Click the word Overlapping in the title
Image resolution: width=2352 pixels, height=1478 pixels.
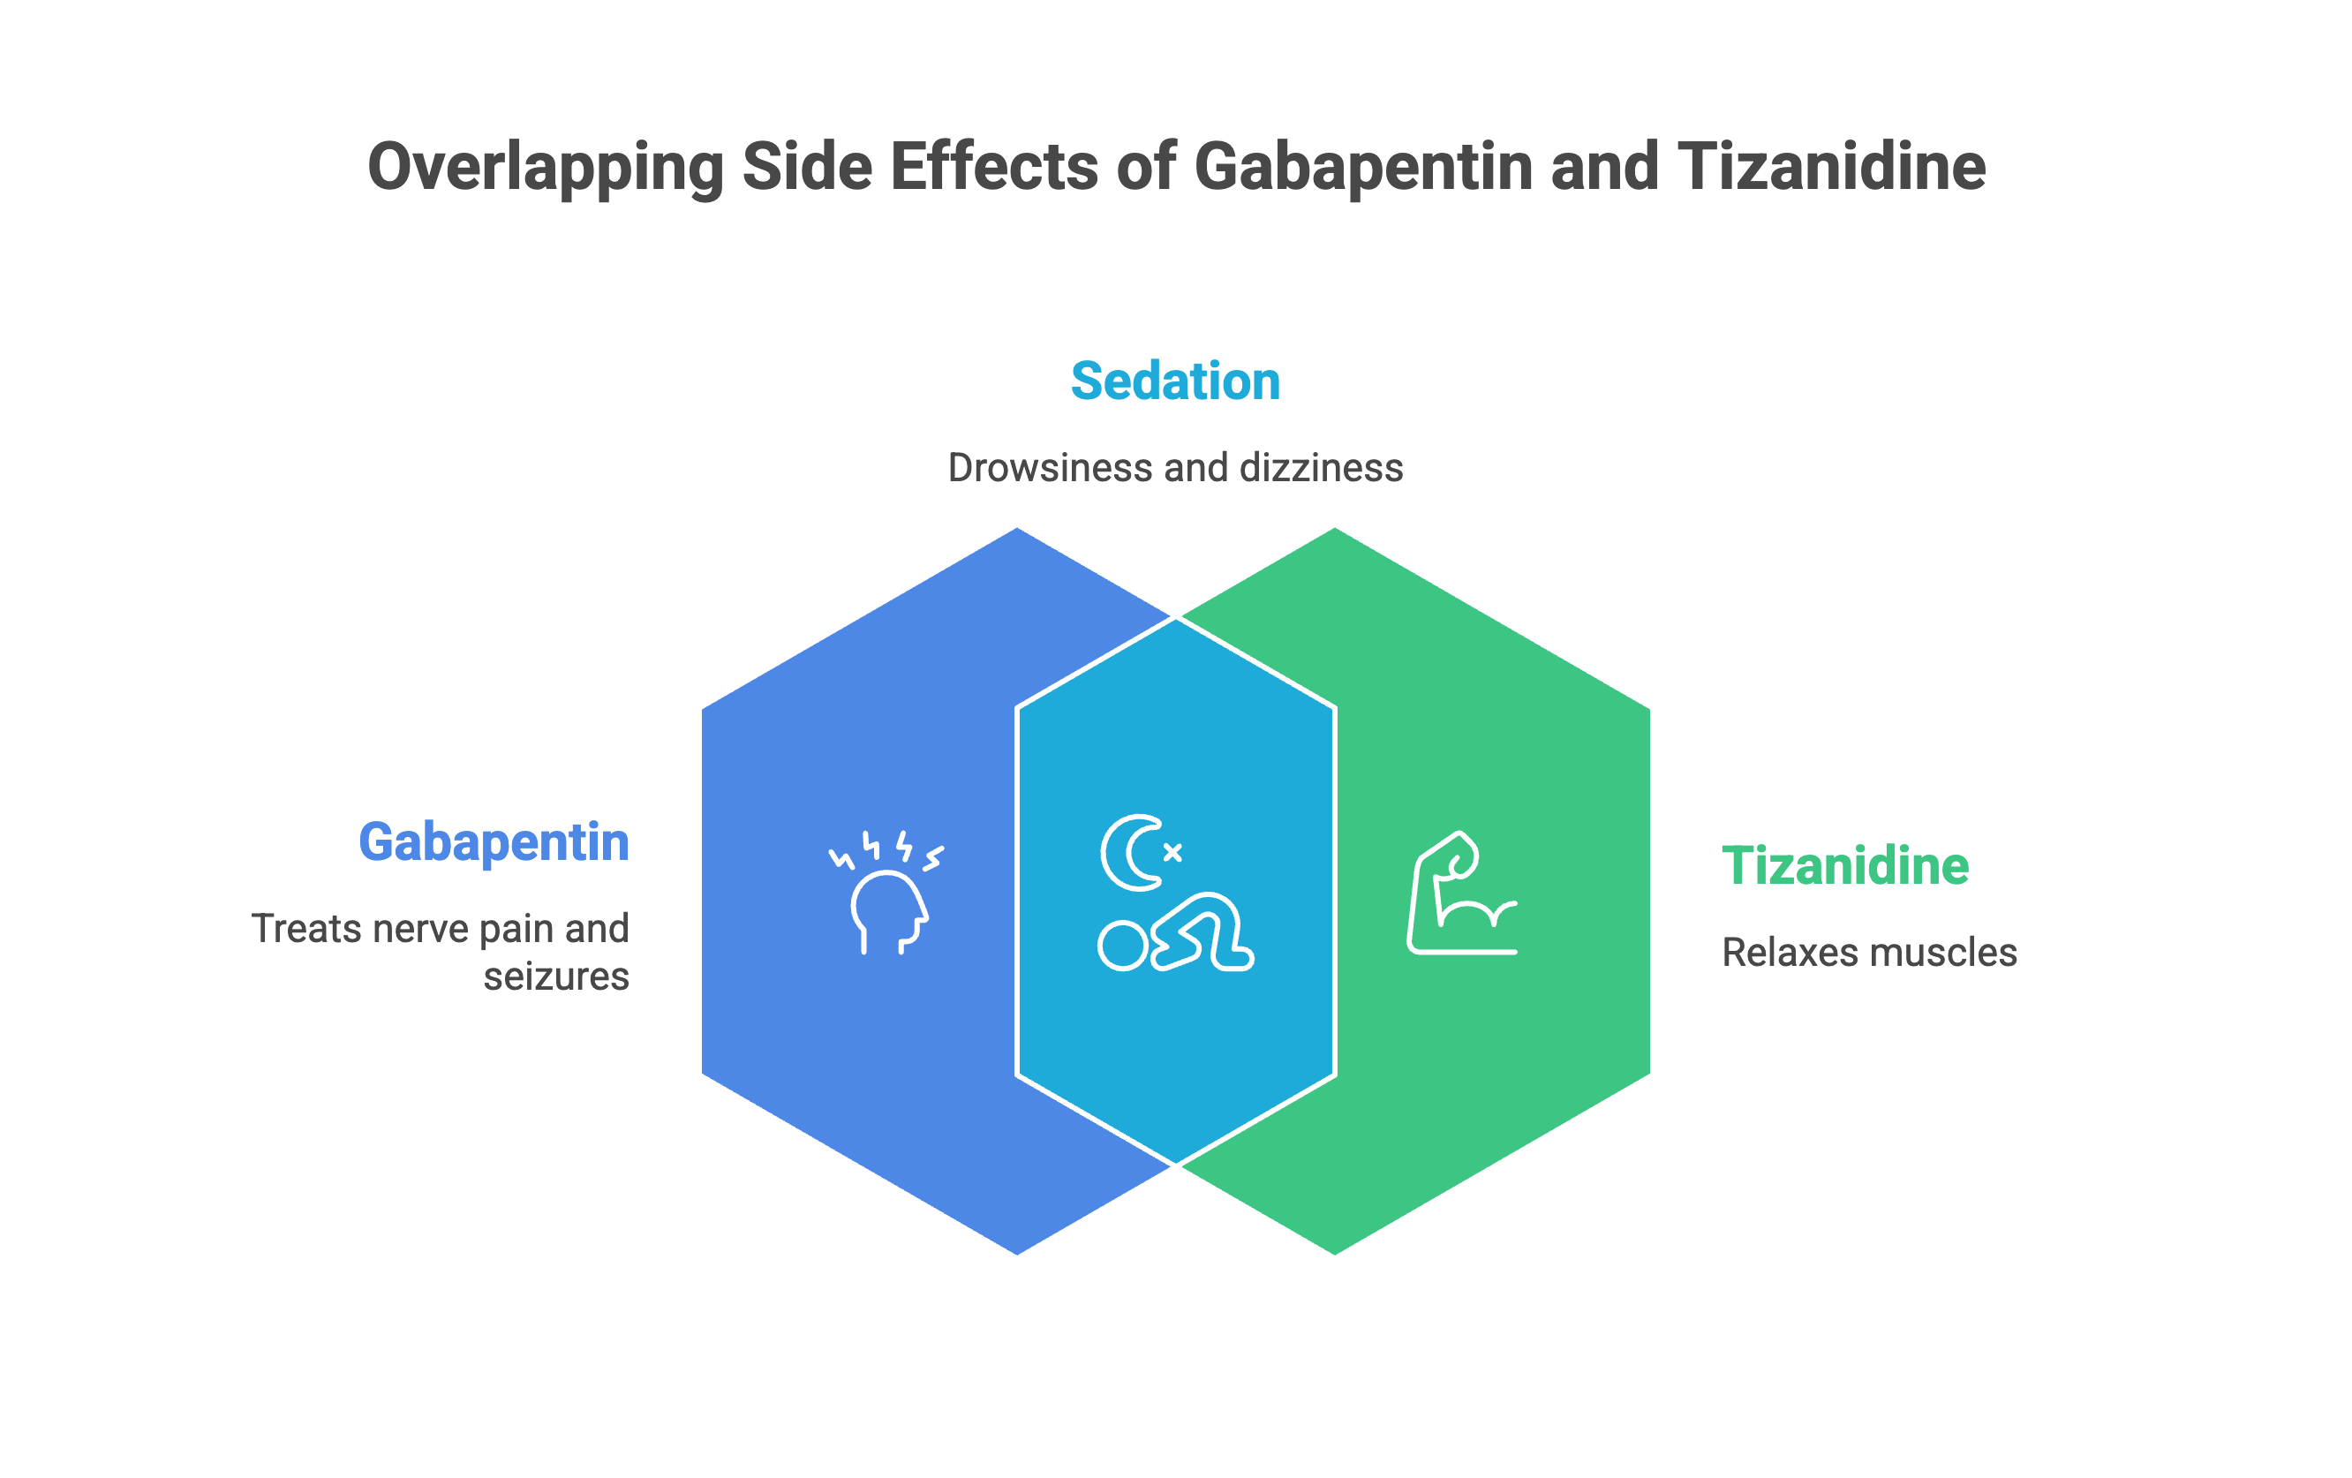(545, 168)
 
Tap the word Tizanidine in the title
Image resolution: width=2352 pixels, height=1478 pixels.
(1831, 166)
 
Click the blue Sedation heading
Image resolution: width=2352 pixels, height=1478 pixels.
(1175, 381)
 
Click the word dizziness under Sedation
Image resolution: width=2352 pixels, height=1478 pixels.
(1322, 468)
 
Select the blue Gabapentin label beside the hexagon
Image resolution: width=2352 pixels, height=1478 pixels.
(494, 843)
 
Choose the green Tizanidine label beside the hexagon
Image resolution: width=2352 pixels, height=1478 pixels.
(1845, 866)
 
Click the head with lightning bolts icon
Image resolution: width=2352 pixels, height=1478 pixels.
(886, 892)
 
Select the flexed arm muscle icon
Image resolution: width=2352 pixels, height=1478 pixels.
(1462, 892)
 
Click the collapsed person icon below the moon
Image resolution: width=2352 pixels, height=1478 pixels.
(1176, 933)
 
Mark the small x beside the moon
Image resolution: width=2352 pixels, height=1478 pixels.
(1173, 853)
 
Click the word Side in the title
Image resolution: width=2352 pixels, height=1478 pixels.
(807, 167)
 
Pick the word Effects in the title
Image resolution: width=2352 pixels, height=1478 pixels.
(994, 167)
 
